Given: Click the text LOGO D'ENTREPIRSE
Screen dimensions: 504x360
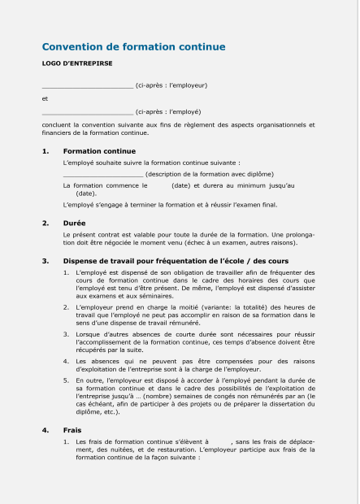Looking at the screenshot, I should pos(77,62).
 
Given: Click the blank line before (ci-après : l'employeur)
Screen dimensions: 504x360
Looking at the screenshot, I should pos(87,85).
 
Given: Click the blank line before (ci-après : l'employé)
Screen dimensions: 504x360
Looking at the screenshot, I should pos(87,111).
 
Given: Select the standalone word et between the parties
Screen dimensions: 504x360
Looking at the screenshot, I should pos(45,98).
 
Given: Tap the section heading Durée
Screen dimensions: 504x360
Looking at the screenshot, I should pos(74,222).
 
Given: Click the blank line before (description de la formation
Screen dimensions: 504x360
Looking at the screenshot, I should pos(102,174).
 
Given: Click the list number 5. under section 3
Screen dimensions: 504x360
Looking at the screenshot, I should pos(66,380).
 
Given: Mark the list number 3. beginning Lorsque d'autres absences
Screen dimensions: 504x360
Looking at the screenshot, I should pos(66,333).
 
